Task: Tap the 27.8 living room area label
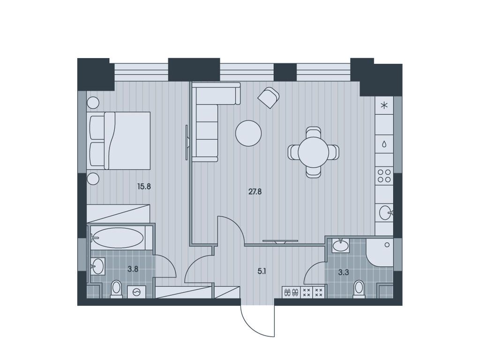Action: (x=255, y=191)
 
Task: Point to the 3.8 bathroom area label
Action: (x=133, y=269)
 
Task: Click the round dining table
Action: (x=313, y=152)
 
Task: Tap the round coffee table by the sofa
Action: (x=248, y=134)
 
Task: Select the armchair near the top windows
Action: (x=269, y=97)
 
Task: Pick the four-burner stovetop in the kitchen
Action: (x=384, y=176)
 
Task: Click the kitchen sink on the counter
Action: (x=385, y=213)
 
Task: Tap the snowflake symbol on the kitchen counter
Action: (x=384, y=105)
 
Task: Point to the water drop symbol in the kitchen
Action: (x=384, y=144)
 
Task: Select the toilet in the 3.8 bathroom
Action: (x=116, y=289)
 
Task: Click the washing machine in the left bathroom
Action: (x=136, y=292)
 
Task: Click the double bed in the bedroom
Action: (x=120, y=140)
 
